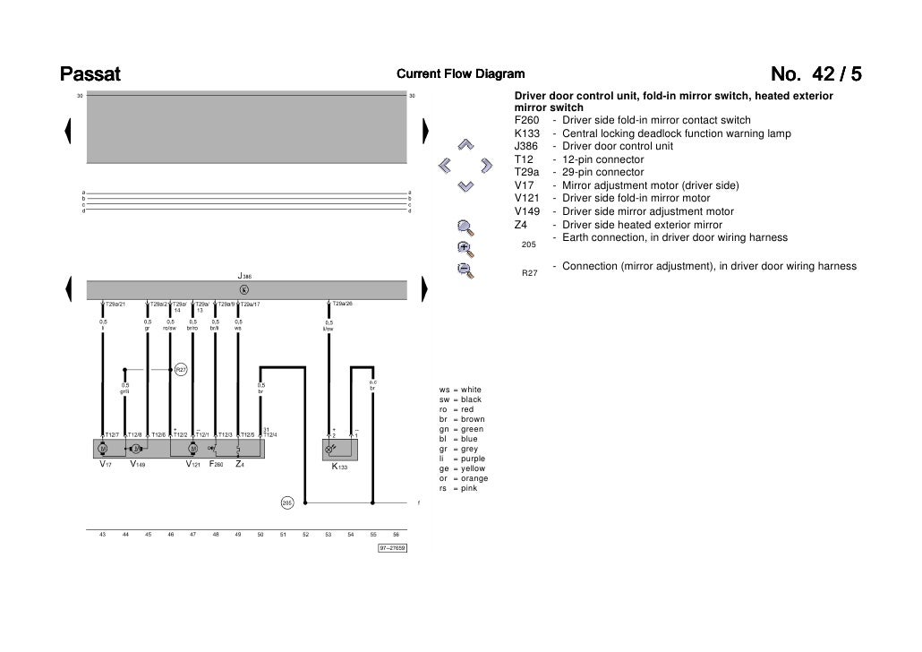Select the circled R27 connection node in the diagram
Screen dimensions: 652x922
click(180, 369)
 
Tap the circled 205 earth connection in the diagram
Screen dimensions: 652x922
click(287, 502)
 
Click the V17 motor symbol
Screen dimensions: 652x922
click(103, 448)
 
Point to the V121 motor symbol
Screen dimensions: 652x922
click(192, 448)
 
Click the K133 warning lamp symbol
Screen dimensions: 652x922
click(333, 448)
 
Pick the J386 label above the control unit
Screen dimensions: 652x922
click(244, 277)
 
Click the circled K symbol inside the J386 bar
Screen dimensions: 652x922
click(244, 289)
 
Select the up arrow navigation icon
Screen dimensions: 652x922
click(465, 144)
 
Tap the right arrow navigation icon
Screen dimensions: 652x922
click(486, 165)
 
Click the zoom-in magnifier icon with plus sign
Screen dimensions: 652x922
click(464, 248)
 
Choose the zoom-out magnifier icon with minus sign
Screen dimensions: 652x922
click(464, 270)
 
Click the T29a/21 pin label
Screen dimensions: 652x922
click(115, 305)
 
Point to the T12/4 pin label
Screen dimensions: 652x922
click(269, 435)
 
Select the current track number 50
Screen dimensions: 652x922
click(260, 535)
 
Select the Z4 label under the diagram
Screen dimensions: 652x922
click(240, 465)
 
